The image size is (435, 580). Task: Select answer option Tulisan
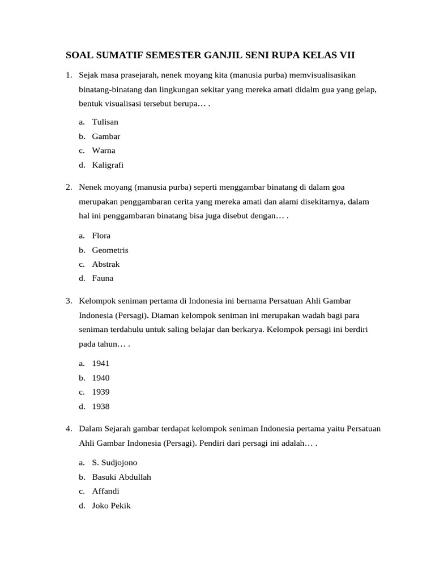pos(105,122)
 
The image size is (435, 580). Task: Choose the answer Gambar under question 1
pos(106,137)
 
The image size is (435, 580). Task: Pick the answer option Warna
pos(104,151)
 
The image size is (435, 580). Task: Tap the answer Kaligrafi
pos(108,165)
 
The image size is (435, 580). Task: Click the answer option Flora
pos(101,236)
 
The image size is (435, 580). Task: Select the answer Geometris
pos(110,250)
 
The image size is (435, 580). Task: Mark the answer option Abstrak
pos(106,264)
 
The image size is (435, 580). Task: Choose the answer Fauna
pos(103,278)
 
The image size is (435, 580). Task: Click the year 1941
pos(101,363)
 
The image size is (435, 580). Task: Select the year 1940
pos(101,378)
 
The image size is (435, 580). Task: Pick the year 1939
pos(101,392)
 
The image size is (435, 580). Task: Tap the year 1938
pos(101,407)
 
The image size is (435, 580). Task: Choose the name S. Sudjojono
pos(114,463)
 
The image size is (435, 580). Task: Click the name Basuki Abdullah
pos(121,477)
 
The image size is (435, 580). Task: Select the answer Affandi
pos(106,491)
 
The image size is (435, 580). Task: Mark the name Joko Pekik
pos(111,505)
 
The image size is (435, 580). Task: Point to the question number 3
pos(68,300)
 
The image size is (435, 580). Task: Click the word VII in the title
pos(345,55)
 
